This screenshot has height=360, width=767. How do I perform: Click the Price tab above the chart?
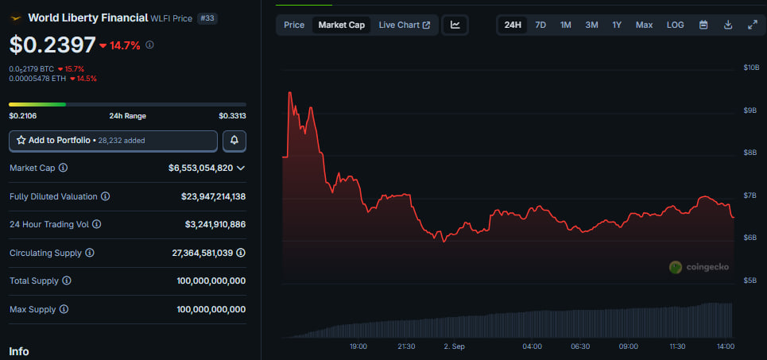pyautogui.click(x=294, y=25)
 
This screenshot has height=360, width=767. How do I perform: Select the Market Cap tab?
pyautogui.click(x=342, y=25)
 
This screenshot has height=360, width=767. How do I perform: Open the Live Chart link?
pyautogui.click(x=404, y=25)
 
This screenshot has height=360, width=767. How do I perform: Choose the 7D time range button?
pyautogui.click(x=540, y=25)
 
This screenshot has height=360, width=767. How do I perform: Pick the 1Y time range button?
pyautogui.click(x=617, y=25)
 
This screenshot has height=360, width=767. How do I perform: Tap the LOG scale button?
pyautogui.click(x=675, y=25)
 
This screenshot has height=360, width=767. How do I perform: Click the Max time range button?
pyautogui.click(x=644, y=25)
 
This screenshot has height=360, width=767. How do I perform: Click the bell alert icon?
pyautogui.click(x=234, y=141)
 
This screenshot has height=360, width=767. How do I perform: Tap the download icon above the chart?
pyautogui.click(x=728, y=25)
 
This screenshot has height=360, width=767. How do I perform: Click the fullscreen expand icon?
pyautogui.click(x=753, y=25)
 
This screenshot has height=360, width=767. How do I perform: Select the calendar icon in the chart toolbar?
pyautogui.click(x=703, y=25)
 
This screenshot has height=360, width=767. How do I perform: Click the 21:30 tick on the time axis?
pyautogui.click(x=406, y=346)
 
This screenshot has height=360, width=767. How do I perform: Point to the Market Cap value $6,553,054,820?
pyautogui.click(x=200, y=168)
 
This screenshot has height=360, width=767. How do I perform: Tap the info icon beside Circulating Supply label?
pyautogui.click(x=90, y=253)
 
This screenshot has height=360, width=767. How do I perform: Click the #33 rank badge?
pyautogui.click(x=206, y=17)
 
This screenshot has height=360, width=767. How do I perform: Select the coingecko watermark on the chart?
pyautogui.click(x=699, y=267)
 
